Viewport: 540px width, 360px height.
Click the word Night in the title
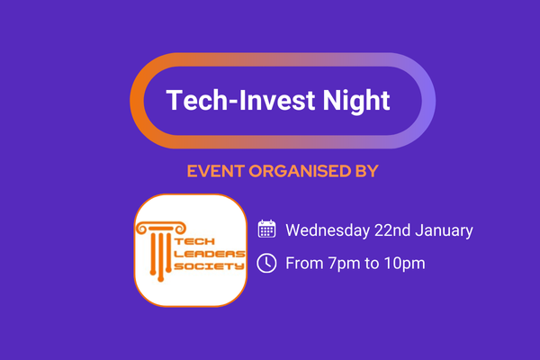(356, 101)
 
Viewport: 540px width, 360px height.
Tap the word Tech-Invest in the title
(240, 100)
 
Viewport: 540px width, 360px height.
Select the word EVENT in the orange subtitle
(216, 171)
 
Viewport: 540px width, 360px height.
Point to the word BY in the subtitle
(367, 171)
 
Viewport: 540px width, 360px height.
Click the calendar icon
(266, 229)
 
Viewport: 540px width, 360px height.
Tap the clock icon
(266, 263)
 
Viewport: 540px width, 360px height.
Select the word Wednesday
(328, 230)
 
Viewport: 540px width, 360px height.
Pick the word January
(444, 230)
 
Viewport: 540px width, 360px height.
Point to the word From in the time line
(304, 263)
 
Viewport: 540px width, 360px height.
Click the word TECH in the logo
(195, 241)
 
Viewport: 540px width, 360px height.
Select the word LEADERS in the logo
(210, 254)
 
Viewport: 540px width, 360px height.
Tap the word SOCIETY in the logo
(210, 266)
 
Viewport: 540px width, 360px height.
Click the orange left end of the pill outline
(137, 101)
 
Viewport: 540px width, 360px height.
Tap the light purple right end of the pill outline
(428, 101)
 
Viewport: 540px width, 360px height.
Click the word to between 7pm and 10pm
(373, 264)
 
